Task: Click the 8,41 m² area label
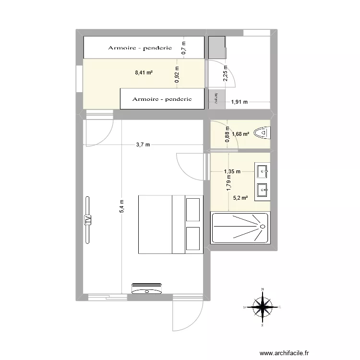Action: pos(144,73)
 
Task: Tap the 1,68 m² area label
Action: pos(240,134)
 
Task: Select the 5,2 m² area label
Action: pos(240,197)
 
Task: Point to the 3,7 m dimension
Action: pos(143,144)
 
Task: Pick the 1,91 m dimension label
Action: pos(239,102)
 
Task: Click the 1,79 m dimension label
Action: pos(229,183)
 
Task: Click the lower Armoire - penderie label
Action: pos(162,99)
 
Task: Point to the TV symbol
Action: pos(88,220)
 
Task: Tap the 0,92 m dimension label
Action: pos(177,74)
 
